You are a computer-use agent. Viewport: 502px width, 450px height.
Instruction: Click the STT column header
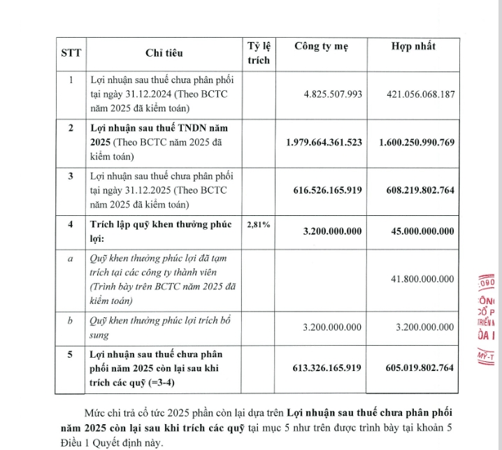tap(71, 53)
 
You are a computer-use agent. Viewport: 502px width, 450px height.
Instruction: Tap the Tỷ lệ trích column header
tap(258, 53)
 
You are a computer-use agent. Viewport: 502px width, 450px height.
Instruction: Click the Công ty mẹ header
tap(320, 47)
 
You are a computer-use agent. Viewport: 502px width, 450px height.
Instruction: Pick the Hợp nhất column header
tap(413, 47)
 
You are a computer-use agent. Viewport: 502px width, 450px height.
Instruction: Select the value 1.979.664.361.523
tap(324, 143)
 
